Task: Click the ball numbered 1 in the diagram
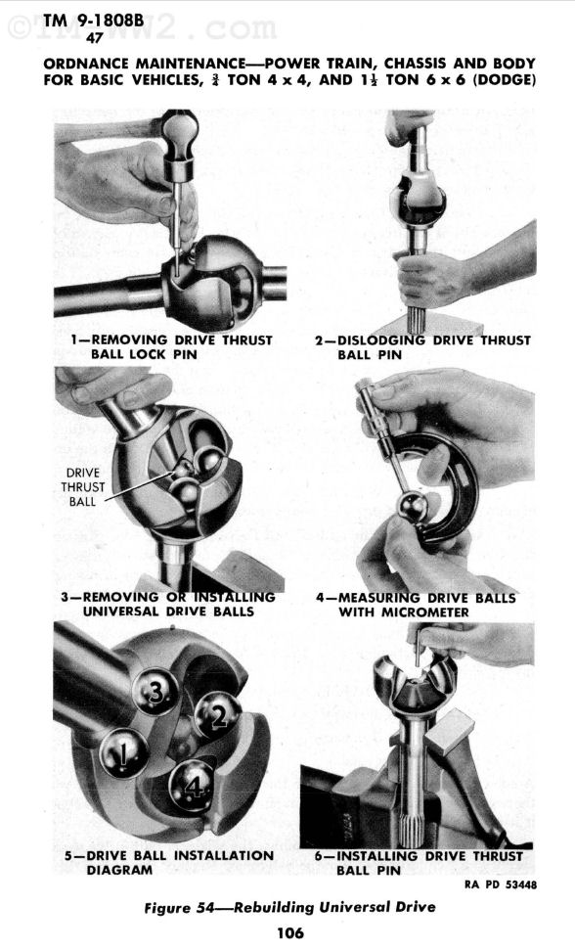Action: pyautogui.click(x=123, y=752)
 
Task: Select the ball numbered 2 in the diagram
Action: pyautogui.click(x=218, y=716)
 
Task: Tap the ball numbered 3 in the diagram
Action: pyautogui.click(x=155, y=691)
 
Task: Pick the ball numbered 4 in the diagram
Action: pyautogui.click(x=193, y=786)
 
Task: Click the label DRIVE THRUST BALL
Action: pyautogui.click(x=82, y=487)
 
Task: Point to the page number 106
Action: pyautogui.click(x=289, y=932)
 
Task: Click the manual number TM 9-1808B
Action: pyautogui.click(x=94, y=21)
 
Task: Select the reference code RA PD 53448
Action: pyautogui.click(x=501, y=884)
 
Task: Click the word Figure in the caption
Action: pyautogui.click(x=166, y=908)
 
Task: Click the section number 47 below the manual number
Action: pyautogui.click(x=94, y=37)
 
